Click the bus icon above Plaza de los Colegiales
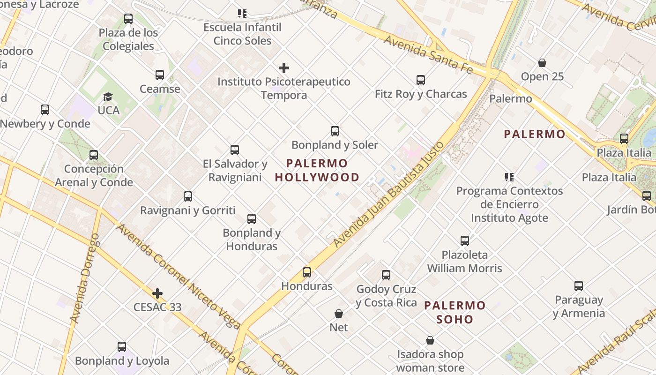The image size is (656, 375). pyautogui.click(x=128, y=19)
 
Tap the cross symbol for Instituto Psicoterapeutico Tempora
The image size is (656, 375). pyautogui.click(x=283, y=68)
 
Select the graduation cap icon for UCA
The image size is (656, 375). pyautogui.click(x=108, y=97)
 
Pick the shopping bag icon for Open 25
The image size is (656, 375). pyautogui.click(x=542, y=63)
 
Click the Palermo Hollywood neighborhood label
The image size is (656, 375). pyautogui.click(x=317, y=171)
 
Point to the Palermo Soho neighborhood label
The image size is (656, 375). pyautogui.click(x=455, y=313)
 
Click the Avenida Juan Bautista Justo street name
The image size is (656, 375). pyautogui.click(x=388, y=194)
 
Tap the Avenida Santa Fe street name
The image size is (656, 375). pyautogui.click(x=428, y=53)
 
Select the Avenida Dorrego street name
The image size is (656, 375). pyautogui.click(x=85, y=278)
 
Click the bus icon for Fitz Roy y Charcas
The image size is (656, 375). pyautogui.click(x=421, y=80)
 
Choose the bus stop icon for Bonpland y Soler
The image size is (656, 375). pyautogui.click(x=335, y=131)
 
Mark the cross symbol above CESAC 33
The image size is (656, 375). pyautogui.click(x=157, y=294)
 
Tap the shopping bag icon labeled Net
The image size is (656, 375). pyautogui.click(x=339, y=314)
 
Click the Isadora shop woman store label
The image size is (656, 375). pyautogui.click(x=430, y=361)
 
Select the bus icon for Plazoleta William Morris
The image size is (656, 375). pyautogui.click(x=464, y=241)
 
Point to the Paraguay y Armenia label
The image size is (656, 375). pyautogui.click(x=579, y=307)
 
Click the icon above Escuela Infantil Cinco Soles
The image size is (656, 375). pyautogui.click(x=242, y=14)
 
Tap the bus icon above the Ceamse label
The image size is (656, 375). pyautogui.click(x=160, y=75)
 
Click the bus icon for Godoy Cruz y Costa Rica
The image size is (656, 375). pyautogui.click(x=386, y=275)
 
